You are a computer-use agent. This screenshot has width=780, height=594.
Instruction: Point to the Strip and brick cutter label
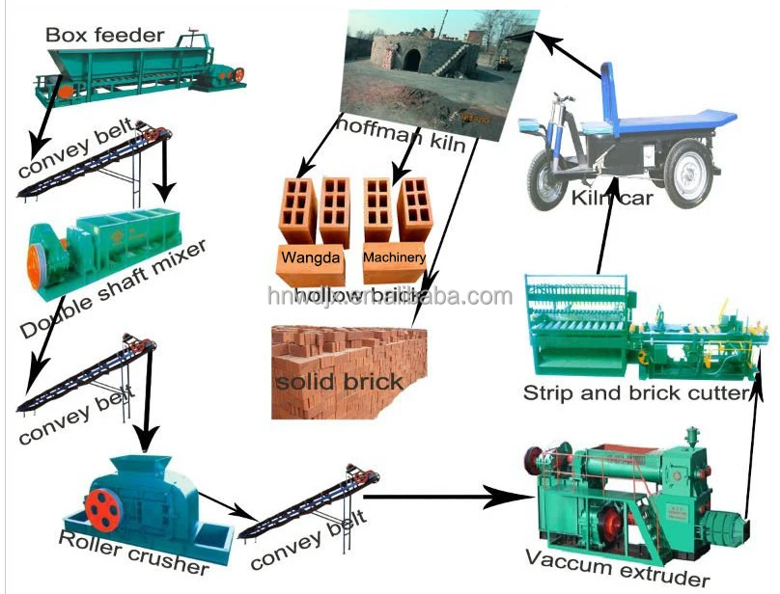(636, 392)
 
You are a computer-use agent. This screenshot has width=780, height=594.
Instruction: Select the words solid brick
(337, 381)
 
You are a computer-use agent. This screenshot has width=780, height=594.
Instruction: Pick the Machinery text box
(394, 257)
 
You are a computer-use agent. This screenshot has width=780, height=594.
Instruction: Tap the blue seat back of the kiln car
(609, 88)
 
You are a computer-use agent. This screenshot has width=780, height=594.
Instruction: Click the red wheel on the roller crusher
(103, 508)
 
